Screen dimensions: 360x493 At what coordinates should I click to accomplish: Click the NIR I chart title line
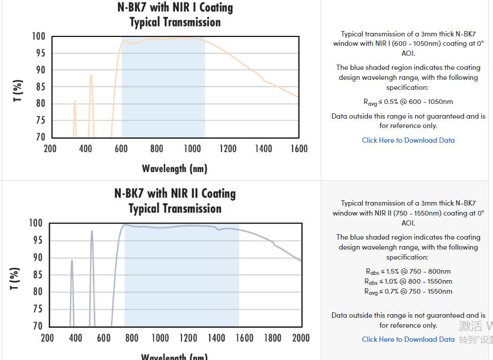[175, 8]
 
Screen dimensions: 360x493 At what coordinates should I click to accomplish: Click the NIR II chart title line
[175, 193]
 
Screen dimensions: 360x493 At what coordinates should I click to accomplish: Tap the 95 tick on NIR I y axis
[38, 53]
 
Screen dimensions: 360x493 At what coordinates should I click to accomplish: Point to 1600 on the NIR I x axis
[299, 149]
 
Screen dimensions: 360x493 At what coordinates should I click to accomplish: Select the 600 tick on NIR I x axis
[121, 149]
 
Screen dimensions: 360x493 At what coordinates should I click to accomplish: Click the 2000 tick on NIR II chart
[300, 338]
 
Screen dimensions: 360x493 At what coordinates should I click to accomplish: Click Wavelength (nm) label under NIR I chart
[175, 169]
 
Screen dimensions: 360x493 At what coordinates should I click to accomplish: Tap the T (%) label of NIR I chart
[18, 90]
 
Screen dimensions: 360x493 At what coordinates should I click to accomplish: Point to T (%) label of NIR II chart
[15, 278]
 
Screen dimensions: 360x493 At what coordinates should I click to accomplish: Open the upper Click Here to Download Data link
[408, 140]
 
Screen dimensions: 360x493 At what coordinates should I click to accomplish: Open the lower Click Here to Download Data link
[408, 339]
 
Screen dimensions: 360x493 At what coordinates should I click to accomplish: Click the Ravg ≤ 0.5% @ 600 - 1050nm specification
[408, 102]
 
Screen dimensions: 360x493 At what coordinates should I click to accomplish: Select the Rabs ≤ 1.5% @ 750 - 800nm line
[408, 271]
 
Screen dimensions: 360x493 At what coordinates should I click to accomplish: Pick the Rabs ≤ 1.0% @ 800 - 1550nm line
[408, 281]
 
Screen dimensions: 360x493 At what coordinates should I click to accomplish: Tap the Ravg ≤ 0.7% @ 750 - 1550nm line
[408, 291]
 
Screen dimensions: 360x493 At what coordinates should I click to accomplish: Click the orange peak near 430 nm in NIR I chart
[91, 75]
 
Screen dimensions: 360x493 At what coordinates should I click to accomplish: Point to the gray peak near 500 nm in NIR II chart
[92, 231]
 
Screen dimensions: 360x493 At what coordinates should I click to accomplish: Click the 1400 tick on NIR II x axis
[216, 338]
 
